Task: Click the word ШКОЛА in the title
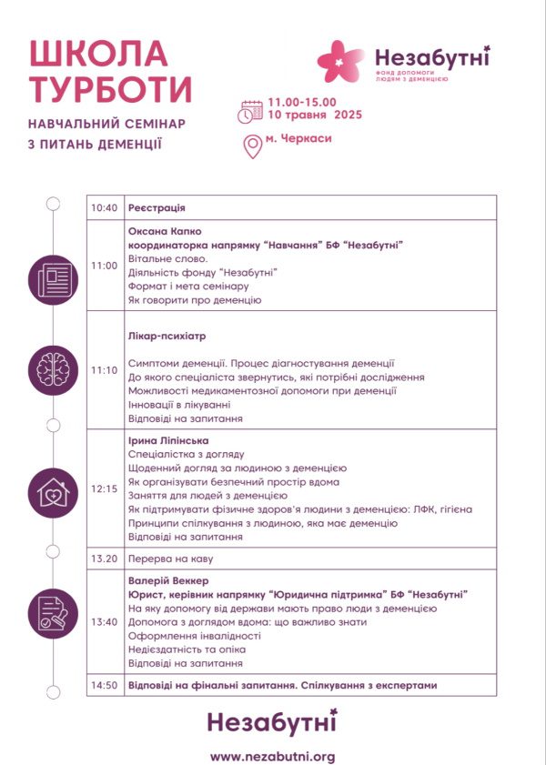pos(98,55)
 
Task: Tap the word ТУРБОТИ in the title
pos(111,90)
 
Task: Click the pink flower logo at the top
pos(340,62)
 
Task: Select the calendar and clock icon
pos(250,110)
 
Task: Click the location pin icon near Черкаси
pos(253,146)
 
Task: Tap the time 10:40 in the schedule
pos(105,208)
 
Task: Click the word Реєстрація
pos(157,208)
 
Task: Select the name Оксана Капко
pos(165,231)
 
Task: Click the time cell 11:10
pos(105,370)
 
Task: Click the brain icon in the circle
pos(53,370)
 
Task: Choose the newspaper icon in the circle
pos(53,279)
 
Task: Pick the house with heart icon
pos(53,491)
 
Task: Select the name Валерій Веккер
pos(168,580)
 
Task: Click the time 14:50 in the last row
pos(105,685)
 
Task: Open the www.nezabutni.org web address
pos(273,756)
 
